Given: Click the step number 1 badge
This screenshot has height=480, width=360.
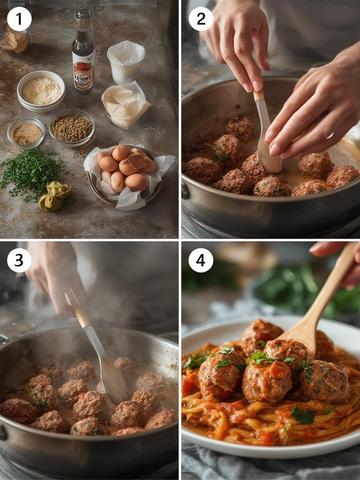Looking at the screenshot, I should tap(19, 19).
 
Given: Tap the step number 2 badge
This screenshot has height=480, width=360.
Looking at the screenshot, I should tap(201, 19).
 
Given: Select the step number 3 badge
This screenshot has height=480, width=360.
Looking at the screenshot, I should tap(19, 260).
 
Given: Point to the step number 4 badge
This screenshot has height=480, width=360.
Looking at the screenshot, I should tap(201, 260).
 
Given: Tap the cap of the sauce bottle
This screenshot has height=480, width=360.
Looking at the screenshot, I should tap(83, 14).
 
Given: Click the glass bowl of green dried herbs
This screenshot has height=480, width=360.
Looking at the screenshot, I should tap(71, 127).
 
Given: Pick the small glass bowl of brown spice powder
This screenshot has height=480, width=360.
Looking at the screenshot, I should tap(26, 134).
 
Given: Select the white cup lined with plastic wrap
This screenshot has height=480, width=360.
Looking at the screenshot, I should tap(126, 61).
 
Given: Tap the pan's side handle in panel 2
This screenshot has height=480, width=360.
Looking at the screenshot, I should tap(186, 190).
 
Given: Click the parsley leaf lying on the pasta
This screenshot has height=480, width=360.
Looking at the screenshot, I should tap(303, 415).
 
